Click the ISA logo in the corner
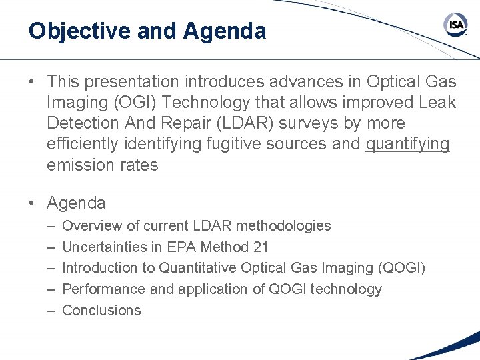(456, 25)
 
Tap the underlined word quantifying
(408, 144)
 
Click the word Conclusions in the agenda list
(101, 310)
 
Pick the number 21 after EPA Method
(261, 247)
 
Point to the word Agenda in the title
(225, 31)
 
